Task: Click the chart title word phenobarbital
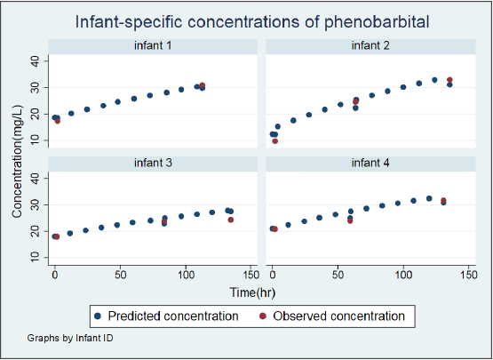pos(377,22)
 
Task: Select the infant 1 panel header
pos(153,46)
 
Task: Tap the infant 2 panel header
pos(370,46)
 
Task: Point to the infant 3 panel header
pos(153,163)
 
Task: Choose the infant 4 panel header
pos(370,163)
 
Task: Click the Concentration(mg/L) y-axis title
pos(17,162)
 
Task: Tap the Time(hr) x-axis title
pos(252,292)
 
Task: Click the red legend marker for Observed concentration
pos(263,316)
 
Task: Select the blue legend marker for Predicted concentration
pos(98,316)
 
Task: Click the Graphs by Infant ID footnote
pos(70,338)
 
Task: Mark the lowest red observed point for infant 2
pos(275,141)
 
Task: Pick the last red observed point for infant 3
pos(231,220)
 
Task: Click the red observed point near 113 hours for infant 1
pos(203,85)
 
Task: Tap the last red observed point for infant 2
pos(450,80)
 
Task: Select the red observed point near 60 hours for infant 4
pos(350,221)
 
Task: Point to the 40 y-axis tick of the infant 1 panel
pos(35,61)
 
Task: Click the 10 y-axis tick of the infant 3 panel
pos(35,258)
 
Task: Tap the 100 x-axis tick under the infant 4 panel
pos(403,276)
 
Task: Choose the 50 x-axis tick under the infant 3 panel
pos(121,276)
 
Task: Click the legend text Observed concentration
pos(339,316)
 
